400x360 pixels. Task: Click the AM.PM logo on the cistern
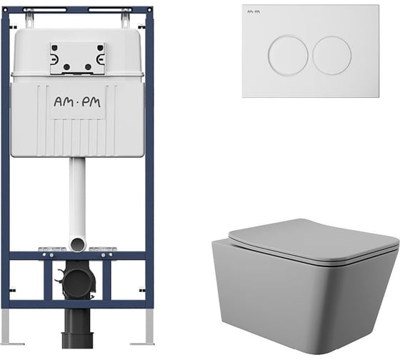pyautogui.click(x=77, y=102)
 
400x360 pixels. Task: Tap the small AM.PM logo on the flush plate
pyautogui.click(x=254, y=11)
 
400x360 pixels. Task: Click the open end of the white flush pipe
pyautogui.click(x=77, y=244)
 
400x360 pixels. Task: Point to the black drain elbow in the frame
pyautogui.click(x=76, y=281)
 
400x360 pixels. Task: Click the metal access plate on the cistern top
pyautogui.click(x=78, y=59)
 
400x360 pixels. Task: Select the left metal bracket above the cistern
pyautogui.click(x=29, y=19)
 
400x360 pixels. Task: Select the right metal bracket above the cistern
pyautogui.click(x=125, y=19)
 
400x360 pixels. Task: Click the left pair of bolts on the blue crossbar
pyautogui.click(x=48, y=255)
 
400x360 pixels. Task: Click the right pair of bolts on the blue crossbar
pyautogui.click(x=106, y=255)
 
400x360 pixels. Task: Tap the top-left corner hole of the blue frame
pyautogui.click(x=6, y=10)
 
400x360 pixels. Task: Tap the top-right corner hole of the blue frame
pyautogui.click(x=149, y=10)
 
